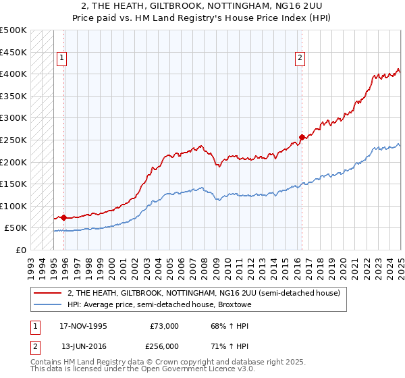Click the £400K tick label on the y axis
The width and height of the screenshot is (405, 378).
pos(13,74)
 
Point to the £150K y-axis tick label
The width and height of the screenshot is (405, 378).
pos(13,184)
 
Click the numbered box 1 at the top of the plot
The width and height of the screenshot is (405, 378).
pos(61,59)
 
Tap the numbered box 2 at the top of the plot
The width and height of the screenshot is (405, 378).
pos(299,59)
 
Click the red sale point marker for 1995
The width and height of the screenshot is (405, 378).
pos(63,217)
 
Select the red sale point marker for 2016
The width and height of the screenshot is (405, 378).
pos(301,137)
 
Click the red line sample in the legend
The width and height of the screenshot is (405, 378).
pos(48,293)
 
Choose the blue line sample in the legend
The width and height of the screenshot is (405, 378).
pos(48,304)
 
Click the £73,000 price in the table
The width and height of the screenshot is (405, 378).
pos(165,326)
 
